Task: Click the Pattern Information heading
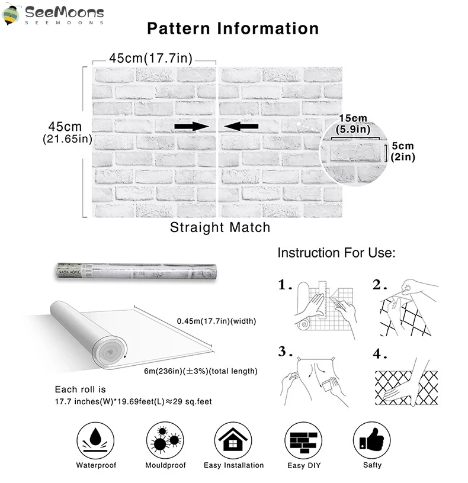[233, 28]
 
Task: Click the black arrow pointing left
[242, 125]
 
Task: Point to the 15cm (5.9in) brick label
[354, 123]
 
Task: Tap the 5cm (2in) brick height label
[403, 151]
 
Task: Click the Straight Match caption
[220, 227]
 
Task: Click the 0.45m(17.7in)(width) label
[216, 321]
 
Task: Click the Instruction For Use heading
[336, 253]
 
